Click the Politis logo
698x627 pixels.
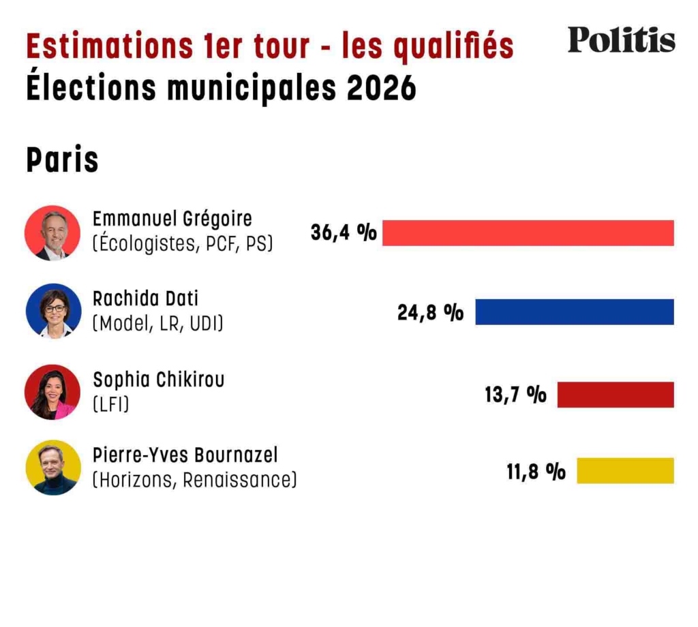(621, 40)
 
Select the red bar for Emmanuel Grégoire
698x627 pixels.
(528, 233)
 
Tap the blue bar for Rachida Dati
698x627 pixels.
(574, 311)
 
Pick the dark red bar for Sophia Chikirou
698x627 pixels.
(615, 395)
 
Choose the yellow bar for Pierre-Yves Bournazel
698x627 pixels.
(624, 471)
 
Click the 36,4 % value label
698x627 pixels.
(344, 233)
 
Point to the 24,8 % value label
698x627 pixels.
(430, 312)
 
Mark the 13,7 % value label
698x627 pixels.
(515, 395)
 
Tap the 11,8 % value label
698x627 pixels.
(536, 471)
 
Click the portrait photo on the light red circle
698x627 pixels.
(52, 233)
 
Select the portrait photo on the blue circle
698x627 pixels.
(53, 311)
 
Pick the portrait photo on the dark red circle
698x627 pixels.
(52, 392)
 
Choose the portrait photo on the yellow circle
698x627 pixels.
(52, 468)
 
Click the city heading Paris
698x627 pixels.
(62, 161)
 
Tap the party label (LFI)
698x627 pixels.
(110, 404)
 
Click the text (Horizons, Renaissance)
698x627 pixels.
(194, 480)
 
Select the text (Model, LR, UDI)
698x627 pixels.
(157, 323)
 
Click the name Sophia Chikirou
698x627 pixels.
(158, 379)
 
